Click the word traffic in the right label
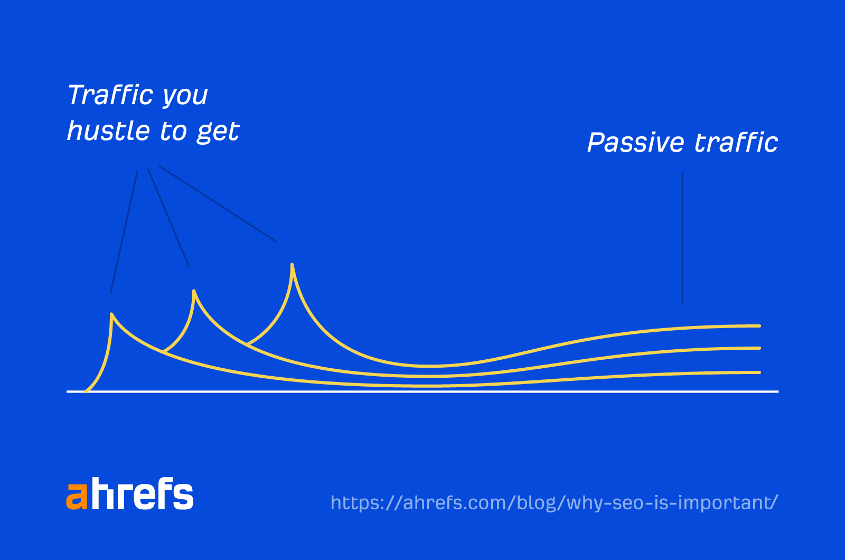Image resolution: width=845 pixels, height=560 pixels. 736,143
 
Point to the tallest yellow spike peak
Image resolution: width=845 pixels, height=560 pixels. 292,265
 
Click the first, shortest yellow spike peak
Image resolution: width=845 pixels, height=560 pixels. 111,315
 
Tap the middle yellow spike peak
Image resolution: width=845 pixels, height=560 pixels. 194,291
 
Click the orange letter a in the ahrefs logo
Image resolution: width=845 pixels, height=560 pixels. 77,496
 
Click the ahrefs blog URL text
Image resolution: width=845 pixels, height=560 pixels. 554,502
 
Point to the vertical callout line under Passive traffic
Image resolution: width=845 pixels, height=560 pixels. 682,238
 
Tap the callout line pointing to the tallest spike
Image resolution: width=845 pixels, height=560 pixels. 218,204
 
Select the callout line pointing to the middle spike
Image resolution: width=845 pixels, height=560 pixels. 168,218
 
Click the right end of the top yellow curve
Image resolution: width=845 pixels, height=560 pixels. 758,326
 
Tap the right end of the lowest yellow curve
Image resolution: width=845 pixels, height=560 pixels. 758,372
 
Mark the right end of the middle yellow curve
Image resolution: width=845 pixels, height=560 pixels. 758,348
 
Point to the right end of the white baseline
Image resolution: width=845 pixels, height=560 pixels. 777,391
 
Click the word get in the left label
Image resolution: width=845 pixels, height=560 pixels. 218,132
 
